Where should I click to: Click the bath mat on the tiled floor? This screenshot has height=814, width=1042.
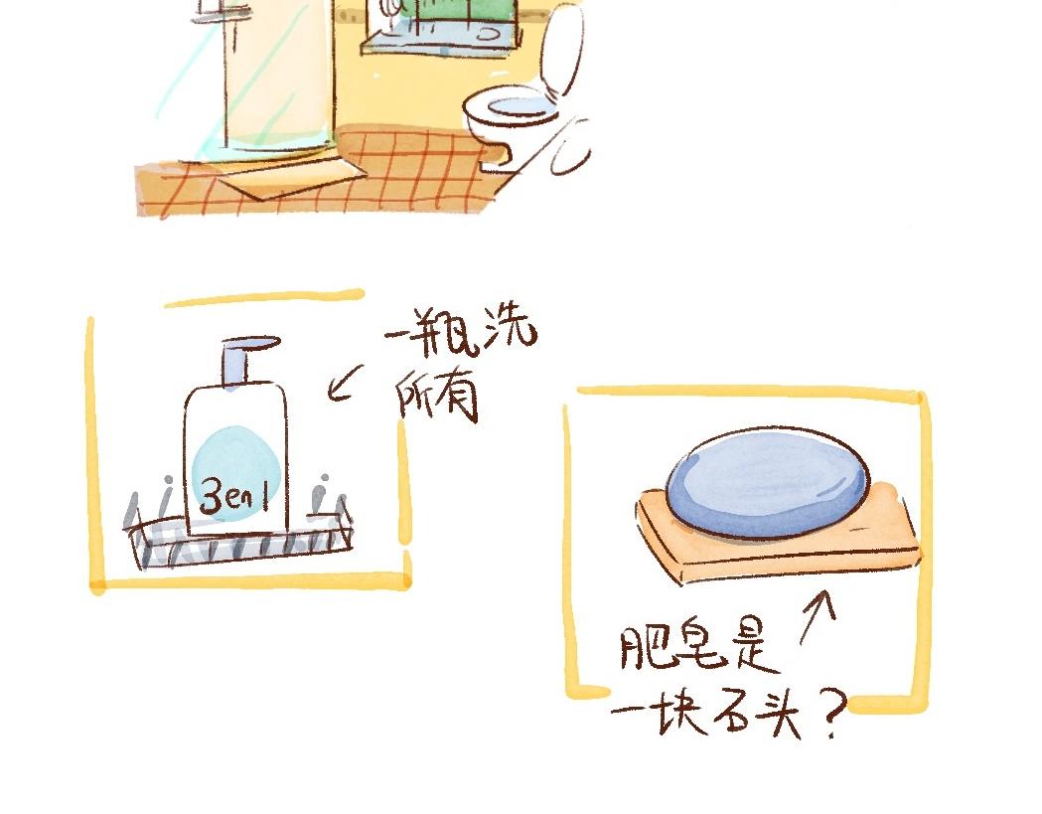[288, 178]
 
